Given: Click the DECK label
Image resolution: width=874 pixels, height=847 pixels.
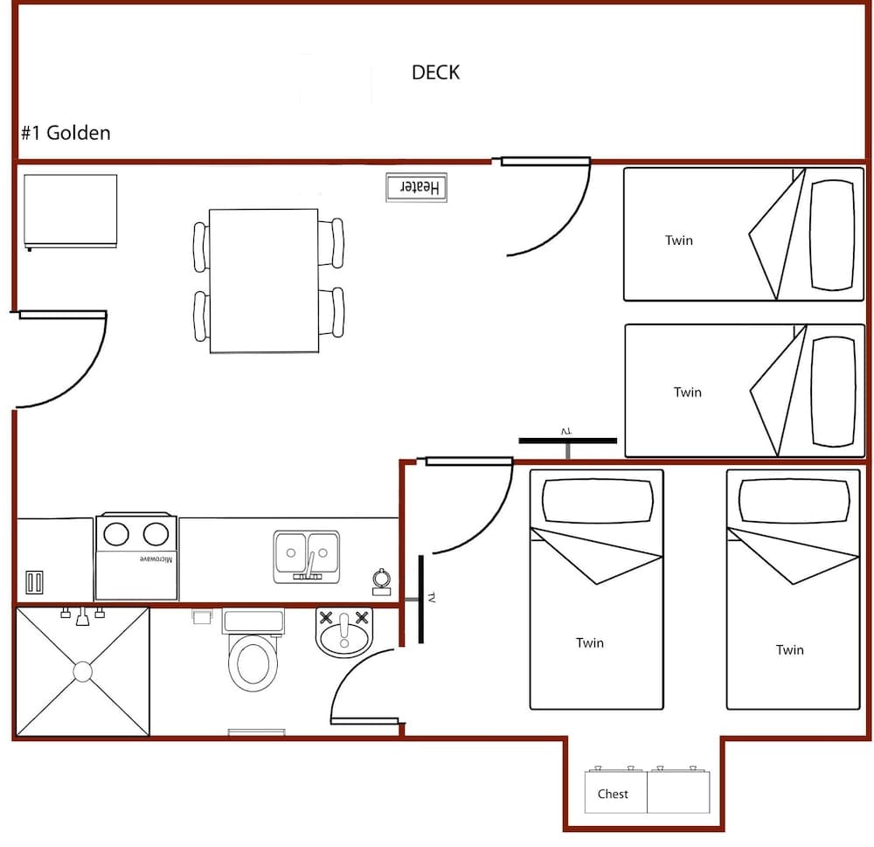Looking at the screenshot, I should [x=435, y=73].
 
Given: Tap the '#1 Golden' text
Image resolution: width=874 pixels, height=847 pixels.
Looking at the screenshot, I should [x=66, y=134].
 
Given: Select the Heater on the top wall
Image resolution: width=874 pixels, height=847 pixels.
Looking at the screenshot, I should [x=417, y=188].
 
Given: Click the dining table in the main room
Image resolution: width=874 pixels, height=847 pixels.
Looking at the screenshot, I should [x=264, y=281].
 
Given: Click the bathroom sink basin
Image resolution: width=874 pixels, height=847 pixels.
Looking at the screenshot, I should [x=343, y=635].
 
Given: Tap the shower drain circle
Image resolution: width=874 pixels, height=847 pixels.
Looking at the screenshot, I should [x=83, y=671].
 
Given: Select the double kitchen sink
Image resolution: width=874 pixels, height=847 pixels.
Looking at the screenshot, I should [x=306, y=554].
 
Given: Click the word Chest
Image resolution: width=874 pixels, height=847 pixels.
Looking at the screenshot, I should [x=613, y=794].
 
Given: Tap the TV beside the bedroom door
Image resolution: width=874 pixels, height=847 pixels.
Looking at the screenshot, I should [x=422, y=599].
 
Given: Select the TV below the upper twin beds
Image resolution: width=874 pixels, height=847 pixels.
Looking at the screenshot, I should [x=567, y=440].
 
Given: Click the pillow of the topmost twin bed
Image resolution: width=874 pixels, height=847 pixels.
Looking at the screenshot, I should [x=831, y=234].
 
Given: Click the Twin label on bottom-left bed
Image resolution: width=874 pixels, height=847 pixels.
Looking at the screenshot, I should [x=590, y=643].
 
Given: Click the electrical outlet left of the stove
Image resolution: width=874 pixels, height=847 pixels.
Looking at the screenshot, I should [x=34, y=582].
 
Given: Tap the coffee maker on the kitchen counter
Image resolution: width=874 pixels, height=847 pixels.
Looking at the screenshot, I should [x=381, y=580].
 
